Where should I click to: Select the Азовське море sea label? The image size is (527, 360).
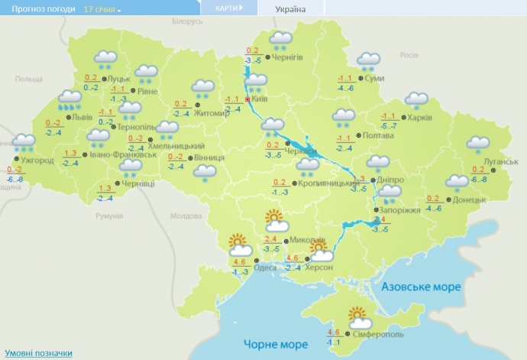click(x=420, y=287)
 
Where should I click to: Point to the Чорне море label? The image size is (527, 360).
click(x=275, y=344)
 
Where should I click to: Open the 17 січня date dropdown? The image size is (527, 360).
click(x=102, y=9)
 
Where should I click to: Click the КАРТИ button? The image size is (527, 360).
click(x=228, y=8)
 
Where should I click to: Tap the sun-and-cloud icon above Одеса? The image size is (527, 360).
click(x=240, y=245)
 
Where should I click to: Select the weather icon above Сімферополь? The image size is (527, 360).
click(x=359, y=315)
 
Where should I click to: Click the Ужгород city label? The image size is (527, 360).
click(x=37, y=161)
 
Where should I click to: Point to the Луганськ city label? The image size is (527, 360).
click(x=501, y=162)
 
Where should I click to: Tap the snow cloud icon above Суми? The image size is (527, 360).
click(x=370, y=60)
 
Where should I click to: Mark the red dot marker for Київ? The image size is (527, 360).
click(x=248, y=99)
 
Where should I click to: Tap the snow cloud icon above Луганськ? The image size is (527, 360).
click(x=478, y=144)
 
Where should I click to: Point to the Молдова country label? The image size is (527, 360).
click(x=185, y=216)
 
